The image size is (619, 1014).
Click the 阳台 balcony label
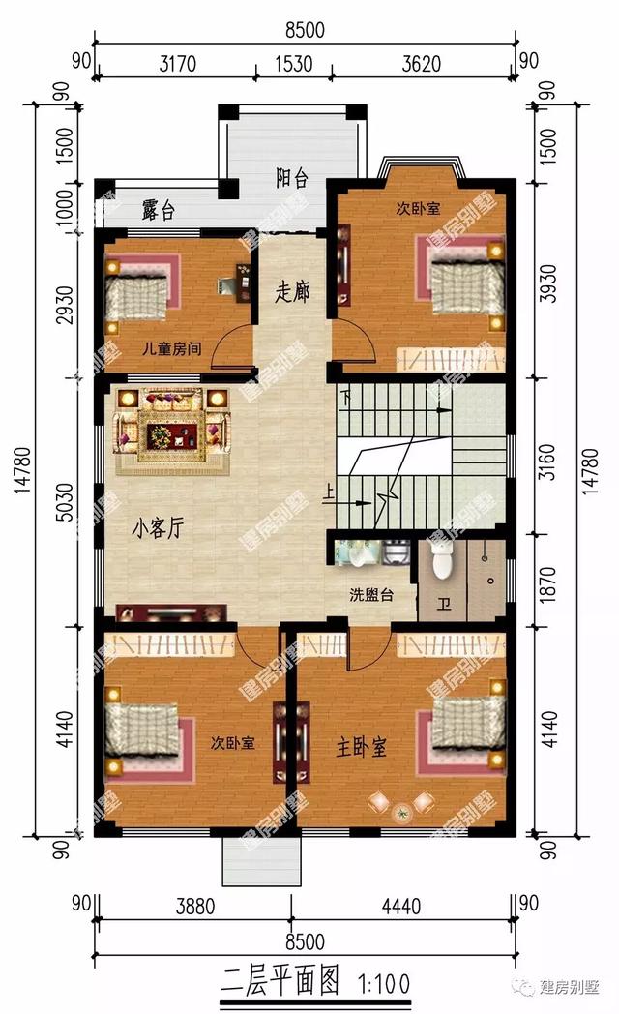[291, 178]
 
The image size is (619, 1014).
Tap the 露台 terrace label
[158, 210]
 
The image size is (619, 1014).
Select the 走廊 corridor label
[291, 291]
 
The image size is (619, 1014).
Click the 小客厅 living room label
[159, 528]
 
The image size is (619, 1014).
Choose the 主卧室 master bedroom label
[361, 747]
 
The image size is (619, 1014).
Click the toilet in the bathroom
[442, 558]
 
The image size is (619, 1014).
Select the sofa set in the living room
[171, 429]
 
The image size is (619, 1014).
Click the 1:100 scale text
[386, 985]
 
